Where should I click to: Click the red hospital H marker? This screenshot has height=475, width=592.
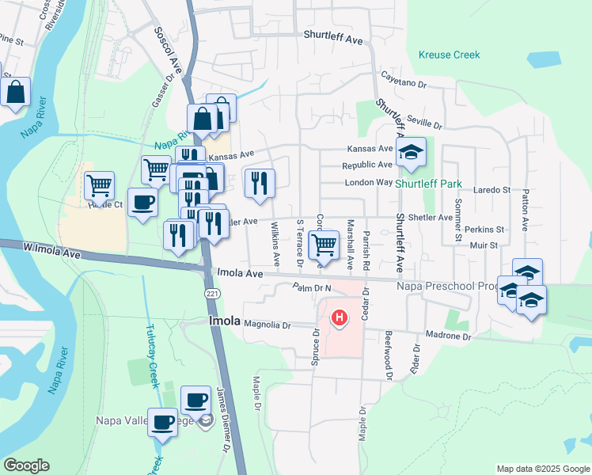[340, 318]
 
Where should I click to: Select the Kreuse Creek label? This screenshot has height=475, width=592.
[449, 55]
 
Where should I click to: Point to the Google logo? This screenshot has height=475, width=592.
[26, 465]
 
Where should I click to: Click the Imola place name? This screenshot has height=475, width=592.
[224, 321]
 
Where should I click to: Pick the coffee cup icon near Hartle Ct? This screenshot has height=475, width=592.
[142, 203]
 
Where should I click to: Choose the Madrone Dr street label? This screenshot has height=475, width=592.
[448, 336]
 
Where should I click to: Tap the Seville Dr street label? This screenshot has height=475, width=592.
[425, 123]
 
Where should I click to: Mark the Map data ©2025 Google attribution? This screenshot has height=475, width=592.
[542, 469]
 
